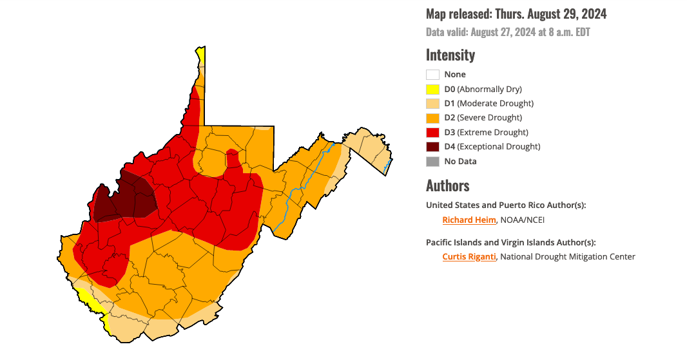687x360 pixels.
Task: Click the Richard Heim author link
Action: click(x=469, y=220)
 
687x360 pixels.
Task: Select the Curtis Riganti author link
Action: click(x=469, y=257)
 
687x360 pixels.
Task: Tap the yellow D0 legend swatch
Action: click(x=432, y=90)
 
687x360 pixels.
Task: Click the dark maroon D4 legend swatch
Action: click(x=432, y=147)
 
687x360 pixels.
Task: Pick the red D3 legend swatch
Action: click(x=432, y=133)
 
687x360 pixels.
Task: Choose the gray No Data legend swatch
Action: click(x=432, y=162)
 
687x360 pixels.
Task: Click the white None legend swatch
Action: click(x=432, y=75)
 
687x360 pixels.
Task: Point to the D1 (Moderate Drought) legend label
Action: click(x=489, y=104)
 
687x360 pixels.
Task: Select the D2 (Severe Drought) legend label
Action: click(x=483, y=118)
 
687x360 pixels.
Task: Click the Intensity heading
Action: click(x=450, y=55)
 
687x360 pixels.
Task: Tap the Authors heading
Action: click(x=448, y=186)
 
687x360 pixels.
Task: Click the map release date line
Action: click(x=516, y=14)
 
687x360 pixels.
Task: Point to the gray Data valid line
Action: click(x=508, y=32)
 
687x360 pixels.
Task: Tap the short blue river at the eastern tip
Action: click(x=387, y=167)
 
